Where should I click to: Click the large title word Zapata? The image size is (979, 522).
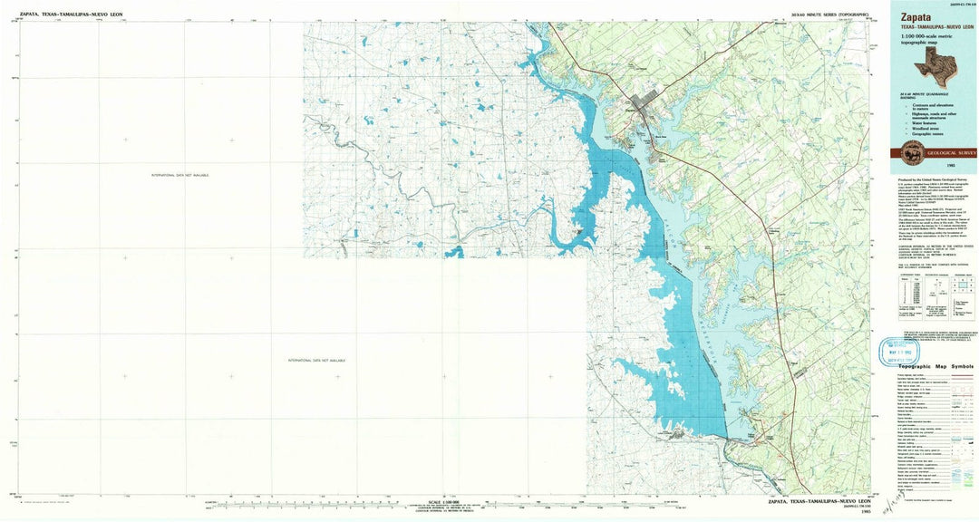click(x=916, y=16)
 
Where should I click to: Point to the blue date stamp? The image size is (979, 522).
click(x=898, y=350)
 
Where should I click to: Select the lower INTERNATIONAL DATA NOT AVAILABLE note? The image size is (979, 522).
click(x=316, y=360)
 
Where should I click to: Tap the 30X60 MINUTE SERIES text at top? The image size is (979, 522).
click(x=829, y=14)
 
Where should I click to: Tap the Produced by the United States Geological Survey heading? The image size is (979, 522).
click(x=934, y=179)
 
